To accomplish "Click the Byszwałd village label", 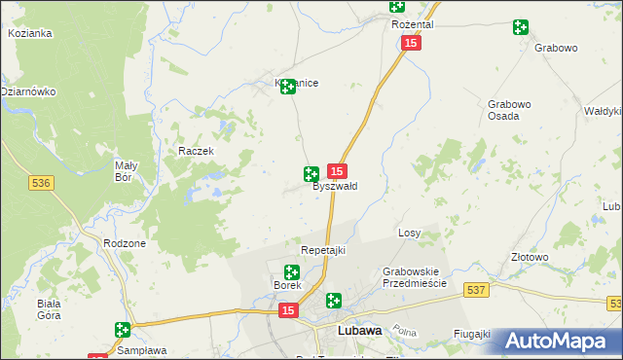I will tap(335, 186).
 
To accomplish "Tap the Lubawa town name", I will tap(358, 331).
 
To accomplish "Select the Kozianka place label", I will tap(30, 33).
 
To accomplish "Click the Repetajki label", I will tap(323, 250).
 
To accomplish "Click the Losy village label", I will tap(410, 234).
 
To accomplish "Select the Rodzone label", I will tap(125, 243).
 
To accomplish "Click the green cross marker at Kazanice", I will tap(288, 88).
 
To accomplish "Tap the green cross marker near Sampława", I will tap(123, 331).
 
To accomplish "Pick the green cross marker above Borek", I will tap(292, 272).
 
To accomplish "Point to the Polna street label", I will tap(404, 331).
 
